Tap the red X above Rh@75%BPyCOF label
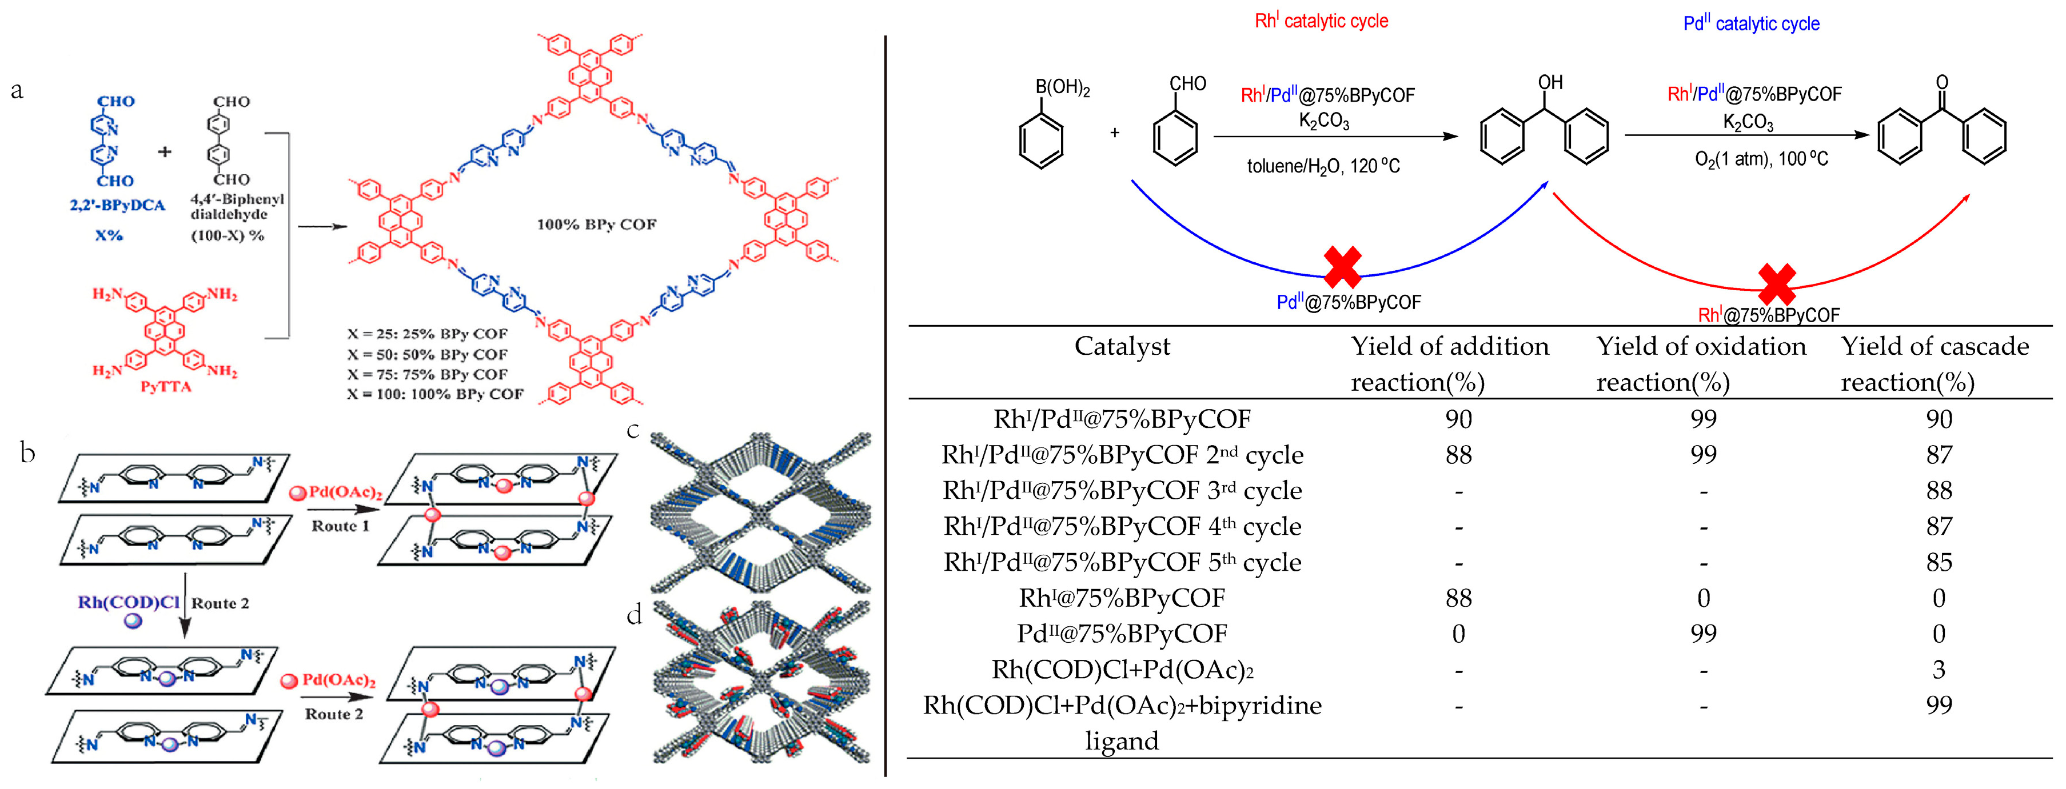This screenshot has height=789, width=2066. [1777, 284]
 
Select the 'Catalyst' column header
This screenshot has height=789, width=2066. [1122, 346]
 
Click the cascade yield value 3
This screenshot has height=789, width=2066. [1939, 670]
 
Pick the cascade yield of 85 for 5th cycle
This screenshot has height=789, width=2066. [1939, 562]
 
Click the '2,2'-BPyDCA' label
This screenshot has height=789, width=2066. [117, 205]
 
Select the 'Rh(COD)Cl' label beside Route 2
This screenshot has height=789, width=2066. [128, 602]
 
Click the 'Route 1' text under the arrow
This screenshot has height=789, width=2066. [340, 526]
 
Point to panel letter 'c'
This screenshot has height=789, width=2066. [633, 431]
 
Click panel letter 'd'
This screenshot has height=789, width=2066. [633, 614]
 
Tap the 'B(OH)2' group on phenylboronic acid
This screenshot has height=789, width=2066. [1062, 87]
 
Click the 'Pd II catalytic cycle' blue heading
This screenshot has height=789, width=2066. [1751, 23]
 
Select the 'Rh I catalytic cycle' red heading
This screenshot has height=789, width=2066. [1321, 21]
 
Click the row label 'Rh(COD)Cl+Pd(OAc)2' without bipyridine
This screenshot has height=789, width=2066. [1122, 670]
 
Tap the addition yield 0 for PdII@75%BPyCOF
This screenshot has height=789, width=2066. [1458, 634]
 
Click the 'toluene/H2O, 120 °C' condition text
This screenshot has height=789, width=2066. [1323, 166]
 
